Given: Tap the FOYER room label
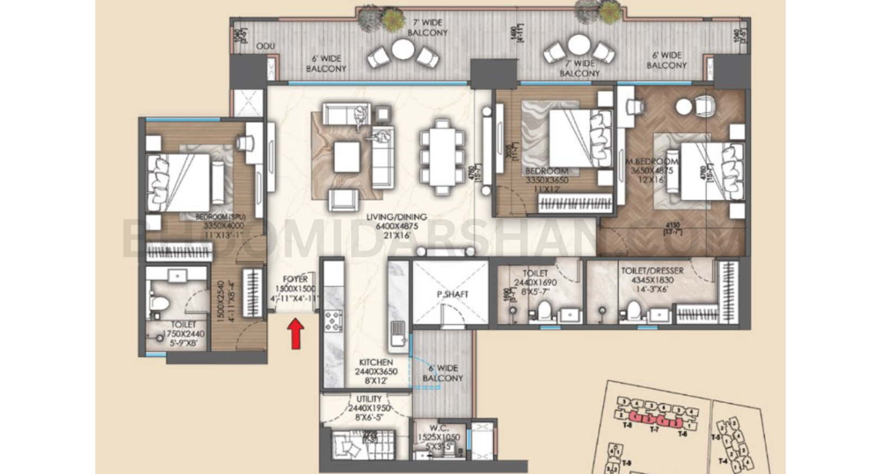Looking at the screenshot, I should coord(295,279).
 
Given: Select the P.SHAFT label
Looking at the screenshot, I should coord(452,294).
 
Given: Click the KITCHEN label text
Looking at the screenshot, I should coord(376,362).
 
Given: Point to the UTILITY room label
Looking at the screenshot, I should coord(369,399).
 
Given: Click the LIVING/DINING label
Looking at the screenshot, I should coord(396,217).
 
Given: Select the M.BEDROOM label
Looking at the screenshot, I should coord(652,161).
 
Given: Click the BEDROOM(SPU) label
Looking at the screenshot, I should coord(224,217).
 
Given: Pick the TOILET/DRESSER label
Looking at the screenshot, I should coord(652,270).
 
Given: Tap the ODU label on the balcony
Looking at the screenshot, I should coord(265,47).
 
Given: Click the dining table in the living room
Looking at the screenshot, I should coord(442,157).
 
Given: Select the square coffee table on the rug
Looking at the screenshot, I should coord(347,156).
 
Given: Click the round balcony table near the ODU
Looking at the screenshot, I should coord(403,49).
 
